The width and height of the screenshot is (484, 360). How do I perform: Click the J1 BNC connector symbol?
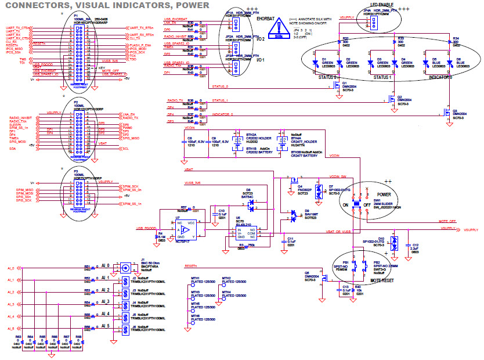(124, 268)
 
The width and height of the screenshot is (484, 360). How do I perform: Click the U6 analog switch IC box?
(242, 234)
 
